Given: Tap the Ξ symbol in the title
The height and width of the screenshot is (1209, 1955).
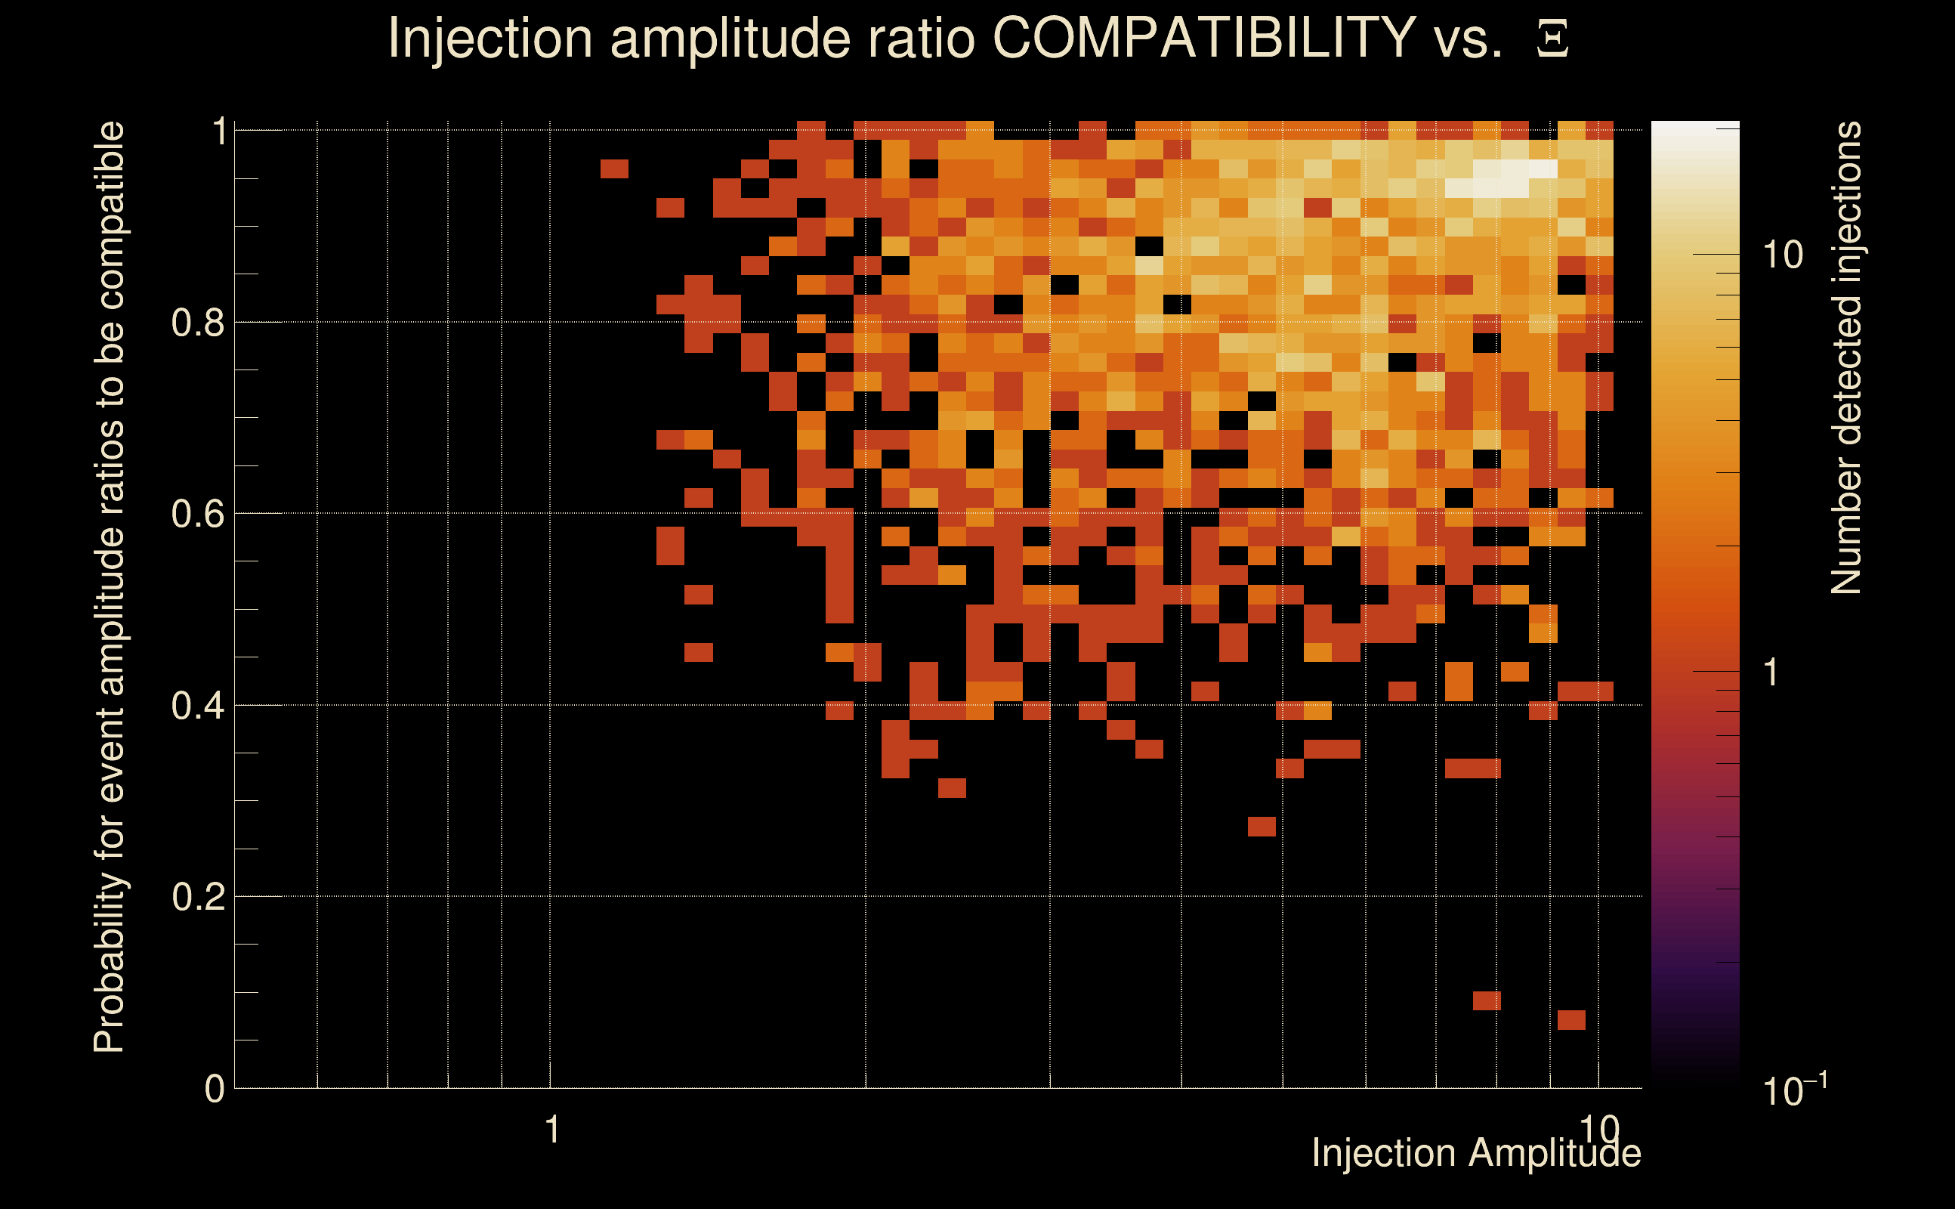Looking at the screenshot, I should [1552, 39].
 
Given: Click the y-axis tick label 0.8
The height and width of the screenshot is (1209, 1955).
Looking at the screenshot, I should [197, 323].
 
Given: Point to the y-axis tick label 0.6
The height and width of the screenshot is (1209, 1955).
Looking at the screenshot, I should [197, 514].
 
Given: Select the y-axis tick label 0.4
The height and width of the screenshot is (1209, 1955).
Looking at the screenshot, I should [197, 706].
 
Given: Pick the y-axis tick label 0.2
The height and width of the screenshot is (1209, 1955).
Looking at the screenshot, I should [197, 897].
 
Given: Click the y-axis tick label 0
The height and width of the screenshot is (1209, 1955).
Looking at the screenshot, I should [215, 1089].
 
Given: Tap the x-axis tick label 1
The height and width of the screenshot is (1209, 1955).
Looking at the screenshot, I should [551, 1130].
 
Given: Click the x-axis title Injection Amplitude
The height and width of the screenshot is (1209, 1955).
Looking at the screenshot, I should [1476, 1153].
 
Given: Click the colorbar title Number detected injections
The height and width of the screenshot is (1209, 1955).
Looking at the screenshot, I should [1846, 358].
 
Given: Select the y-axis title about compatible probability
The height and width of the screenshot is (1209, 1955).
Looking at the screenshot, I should [110, 587].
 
